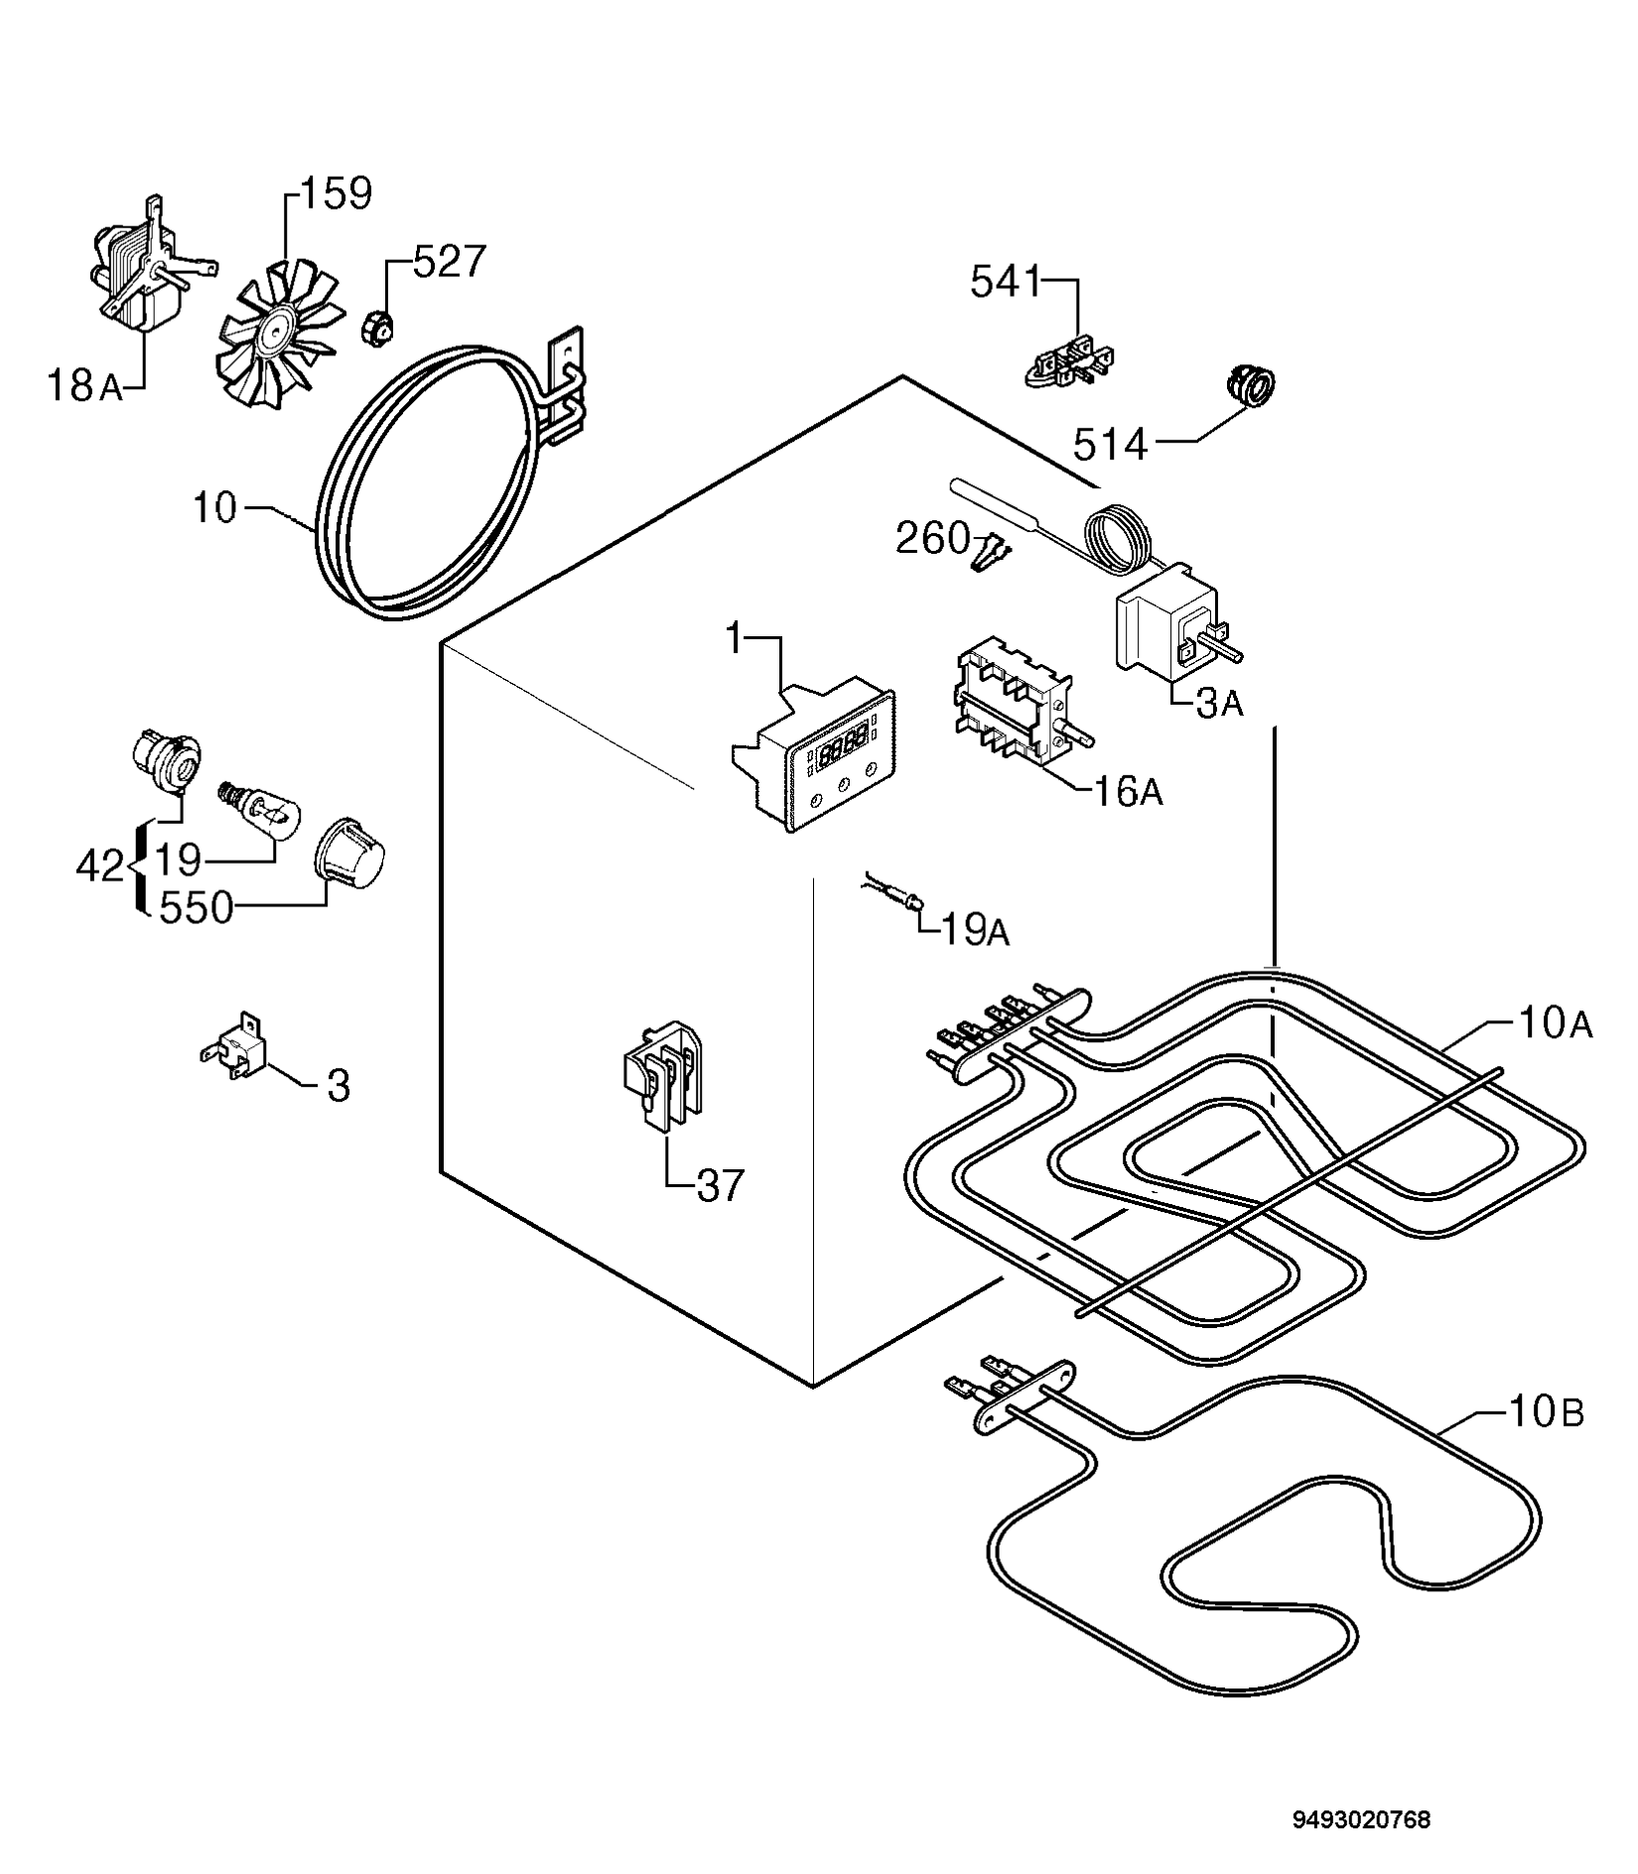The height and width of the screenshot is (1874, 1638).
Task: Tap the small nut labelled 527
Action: tap(378, 327)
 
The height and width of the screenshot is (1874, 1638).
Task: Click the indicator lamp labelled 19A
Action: tap(893, 889)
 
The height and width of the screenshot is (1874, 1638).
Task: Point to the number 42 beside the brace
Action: tap(100, 867)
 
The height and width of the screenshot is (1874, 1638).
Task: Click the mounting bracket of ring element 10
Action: tap(565, 382)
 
